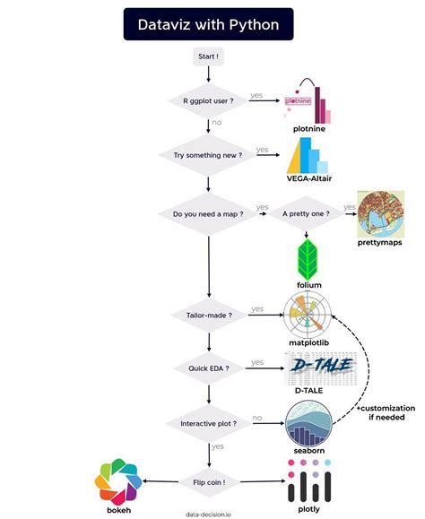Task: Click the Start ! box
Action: tap(208, 56)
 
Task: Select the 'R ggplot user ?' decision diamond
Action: tap(208, 100)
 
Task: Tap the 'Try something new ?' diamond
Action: tap(208, 155)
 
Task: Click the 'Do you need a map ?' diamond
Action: tap(208, 214)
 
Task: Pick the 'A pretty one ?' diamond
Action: tap(306, 214)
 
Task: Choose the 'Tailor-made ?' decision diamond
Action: tap(209, 316)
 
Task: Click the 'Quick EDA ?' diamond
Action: tap(209, 368)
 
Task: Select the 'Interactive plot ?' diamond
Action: tap(209, 424)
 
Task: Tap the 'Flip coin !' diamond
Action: tap(209, 482)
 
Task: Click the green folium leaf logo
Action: tap(308, 260)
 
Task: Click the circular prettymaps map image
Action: tap(381, 214)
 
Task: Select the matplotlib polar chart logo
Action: tap(308, 315)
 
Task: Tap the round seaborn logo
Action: tap(308, 424)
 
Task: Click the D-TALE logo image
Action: tap(320, 368)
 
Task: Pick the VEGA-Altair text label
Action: tap(309, 178)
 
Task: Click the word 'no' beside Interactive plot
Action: tap(256, 418)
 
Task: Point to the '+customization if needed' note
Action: tap(386, 412)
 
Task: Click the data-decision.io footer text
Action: tap(208, 515)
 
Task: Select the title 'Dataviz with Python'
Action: tap(209, 24)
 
